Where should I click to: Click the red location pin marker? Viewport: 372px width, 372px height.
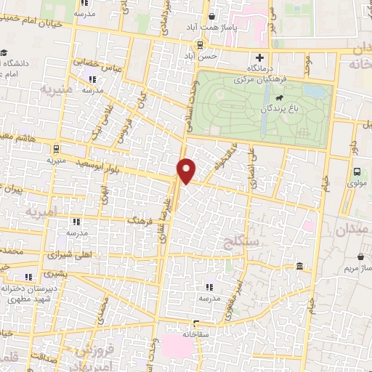pyautogui.click(x=187, y=170)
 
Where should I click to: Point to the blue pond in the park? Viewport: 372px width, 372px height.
pyautogui.click(x=315, y=92)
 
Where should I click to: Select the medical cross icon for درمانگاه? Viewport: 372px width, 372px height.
pyautogui.click(x=259, y=57)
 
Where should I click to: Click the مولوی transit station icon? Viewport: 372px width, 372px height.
pyautogui.click(x=356, y=172)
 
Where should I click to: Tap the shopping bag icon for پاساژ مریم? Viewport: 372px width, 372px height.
pyautogui.click(x=362, y=256)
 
